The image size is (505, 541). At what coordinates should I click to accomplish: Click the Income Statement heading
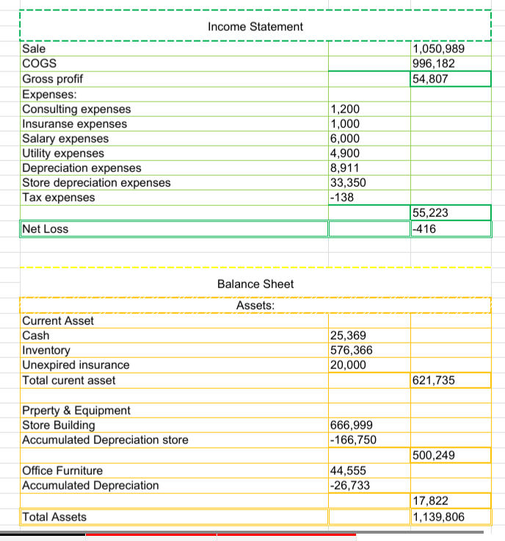coord(255,26)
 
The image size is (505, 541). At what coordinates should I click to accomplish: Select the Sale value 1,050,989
coord(439,49)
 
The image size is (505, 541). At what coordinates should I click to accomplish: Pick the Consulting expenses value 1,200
coord(344,109)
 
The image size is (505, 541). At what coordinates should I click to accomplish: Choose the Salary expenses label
coord(65,138)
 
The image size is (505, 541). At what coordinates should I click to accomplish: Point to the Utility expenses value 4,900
coord(344,153)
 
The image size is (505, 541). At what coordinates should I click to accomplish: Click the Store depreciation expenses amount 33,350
coord(348,182)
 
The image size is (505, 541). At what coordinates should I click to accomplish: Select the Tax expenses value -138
coord(343,197)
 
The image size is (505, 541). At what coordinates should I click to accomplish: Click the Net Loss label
coord(46,229)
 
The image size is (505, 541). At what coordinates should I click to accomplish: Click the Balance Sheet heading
coord(255,284)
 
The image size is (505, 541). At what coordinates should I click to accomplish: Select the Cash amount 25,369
coord(348,335)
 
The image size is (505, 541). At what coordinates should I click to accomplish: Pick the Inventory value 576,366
coord(351,351)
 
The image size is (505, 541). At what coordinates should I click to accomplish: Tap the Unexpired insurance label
coord(76,365)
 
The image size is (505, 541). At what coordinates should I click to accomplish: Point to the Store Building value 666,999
coord(351,425)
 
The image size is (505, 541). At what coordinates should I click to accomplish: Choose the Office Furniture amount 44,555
coord(348,470)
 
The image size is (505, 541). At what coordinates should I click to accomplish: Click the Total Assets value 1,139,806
coord(439,517)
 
